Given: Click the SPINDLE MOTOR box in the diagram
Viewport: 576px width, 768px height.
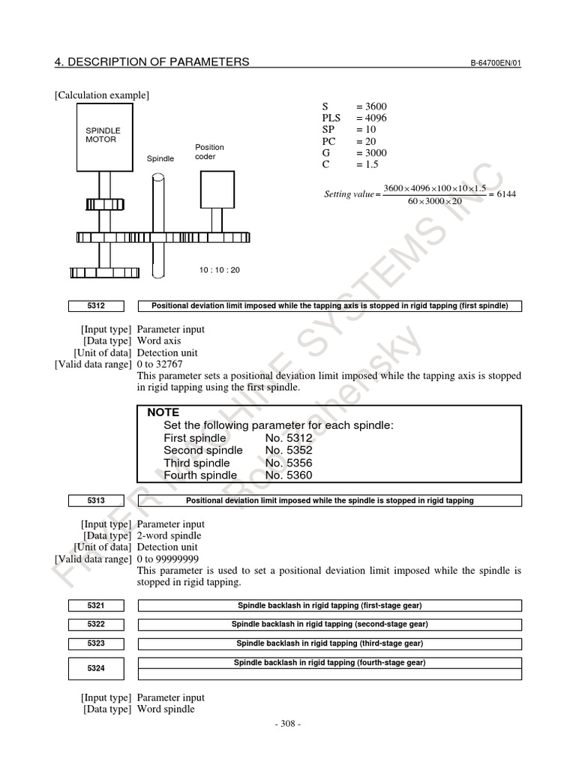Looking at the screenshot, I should (102, 136).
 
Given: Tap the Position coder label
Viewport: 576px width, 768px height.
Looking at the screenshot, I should (209, 151).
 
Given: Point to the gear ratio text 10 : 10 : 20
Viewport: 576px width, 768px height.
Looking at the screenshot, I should (220, 270).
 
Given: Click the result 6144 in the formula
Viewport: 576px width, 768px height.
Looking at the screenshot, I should (505, 194).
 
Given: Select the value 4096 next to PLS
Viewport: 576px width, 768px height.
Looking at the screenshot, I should (372, 118).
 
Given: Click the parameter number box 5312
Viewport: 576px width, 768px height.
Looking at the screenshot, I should (95, 306).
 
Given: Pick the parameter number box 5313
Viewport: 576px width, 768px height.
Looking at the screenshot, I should (95, 500).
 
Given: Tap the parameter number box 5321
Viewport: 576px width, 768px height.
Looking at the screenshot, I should (95, 605).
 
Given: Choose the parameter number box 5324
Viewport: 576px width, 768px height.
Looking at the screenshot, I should (95, 667).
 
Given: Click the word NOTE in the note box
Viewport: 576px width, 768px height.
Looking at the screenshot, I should (162, 412).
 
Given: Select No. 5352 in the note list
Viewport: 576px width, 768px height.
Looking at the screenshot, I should (289, 450).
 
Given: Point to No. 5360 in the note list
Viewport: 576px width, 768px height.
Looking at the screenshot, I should (289, 475).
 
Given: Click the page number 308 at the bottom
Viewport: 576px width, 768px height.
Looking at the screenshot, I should (288, 724).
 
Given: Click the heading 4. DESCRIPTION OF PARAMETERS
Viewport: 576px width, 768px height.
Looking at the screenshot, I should (151, 61).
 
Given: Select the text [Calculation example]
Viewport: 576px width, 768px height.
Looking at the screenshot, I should (101, 95).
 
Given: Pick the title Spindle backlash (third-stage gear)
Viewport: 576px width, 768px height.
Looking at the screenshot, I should (330, 643).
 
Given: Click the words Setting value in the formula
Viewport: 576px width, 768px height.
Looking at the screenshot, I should (349, 195).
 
